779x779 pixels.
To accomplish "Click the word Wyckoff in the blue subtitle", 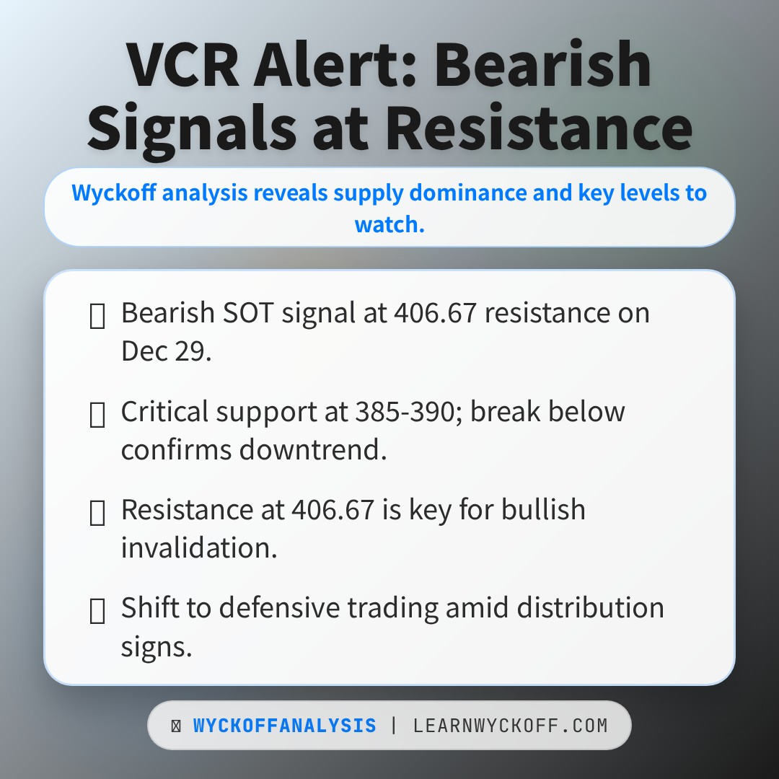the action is [114, 193].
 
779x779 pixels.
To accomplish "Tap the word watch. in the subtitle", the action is [389, 224].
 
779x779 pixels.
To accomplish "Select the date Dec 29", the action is [167, 351].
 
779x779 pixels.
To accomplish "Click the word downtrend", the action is [313, 449].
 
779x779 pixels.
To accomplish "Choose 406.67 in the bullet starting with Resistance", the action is [333, 510].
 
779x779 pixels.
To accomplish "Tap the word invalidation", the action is [199, 547].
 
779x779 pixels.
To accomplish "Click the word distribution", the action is [590, 607].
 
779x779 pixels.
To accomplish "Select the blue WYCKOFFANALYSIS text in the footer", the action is [285, 726].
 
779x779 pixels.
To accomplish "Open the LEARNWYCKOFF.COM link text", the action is [510, 726].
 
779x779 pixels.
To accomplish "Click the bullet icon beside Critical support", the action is [97, 415].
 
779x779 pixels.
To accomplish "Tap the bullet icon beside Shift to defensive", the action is [97, 611].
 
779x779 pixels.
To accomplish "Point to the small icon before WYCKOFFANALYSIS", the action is [176, 726].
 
